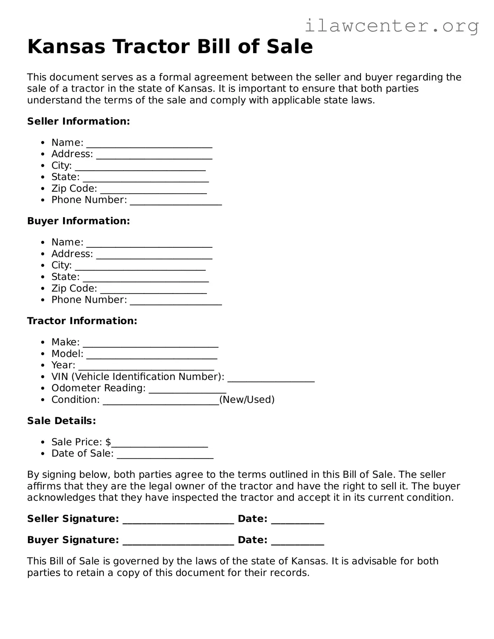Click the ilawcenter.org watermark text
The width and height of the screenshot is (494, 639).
pos(392,26)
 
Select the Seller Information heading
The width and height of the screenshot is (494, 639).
pos(78,121)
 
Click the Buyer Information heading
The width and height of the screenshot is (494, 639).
pos(78,221)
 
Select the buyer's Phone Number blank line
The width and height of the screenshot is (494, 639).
pos(176,301)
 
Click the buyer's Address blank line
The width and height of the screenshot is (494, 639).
pos(154,255)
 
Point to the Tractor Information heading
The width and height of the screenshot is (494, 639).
pos(82,321)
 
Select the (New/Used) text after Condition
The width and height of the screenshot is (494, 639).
pos(247,400)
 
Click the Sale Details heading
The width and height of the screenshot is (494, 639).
pos(62,421)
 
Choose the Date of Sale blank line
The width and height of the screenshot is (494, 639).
pos(165,455)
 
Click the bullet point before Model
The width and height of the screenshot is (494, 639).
pos(43,354)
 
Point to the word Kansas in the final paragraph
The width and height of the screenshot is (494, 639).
pos(308,561)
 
